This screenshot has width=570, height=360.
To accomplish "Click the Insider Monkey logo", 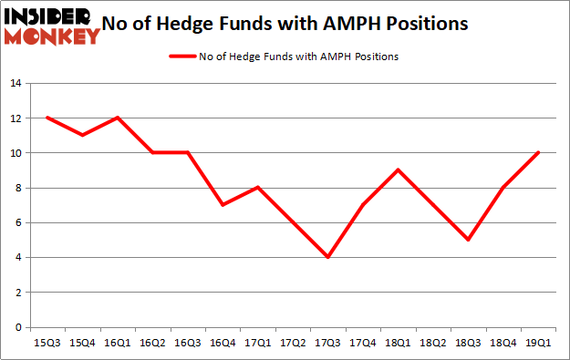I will tap(52, 25).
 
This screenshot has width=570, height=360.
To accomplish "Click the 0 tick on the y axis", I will tap(16, 327).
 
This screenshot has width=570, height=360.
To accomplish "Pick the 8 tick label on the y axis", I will tap(16, 188).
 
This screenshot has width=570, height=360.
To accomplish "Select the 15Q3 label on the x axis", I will tap(47, 342).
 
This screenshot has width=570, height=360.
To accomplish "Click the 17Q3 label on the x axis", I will tap(328, 342).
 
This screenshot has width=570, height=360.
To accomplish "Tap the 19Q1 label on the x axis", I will tap(538, 342).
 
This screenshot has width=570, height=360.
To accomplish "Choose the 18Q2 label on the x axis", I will tap(433, 342).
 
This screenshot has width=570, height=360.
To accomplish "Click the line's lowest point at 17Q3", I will tap(328, 257).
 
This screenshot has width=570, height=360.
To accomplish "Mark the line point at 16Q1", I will tap(118, 118).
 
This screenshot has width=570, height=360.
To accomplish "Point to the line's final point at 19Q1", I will tap(538, 153).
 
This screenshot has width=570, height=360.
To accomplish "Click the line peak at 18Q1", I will tap(399, 170).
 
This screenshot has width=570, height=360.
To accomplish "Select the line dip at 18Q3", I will tap(468, 240).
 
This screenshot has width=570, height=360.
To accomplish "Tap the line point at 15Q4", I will tap(82, 136).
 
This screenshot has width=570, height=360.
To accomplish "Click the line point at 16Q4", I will tap(223, 205).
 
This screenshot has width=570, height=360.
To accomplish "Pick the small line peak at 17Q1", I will tap(258, 188).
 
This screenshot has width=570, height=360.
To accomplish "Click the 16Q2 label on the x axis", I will tap(152, 342).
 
